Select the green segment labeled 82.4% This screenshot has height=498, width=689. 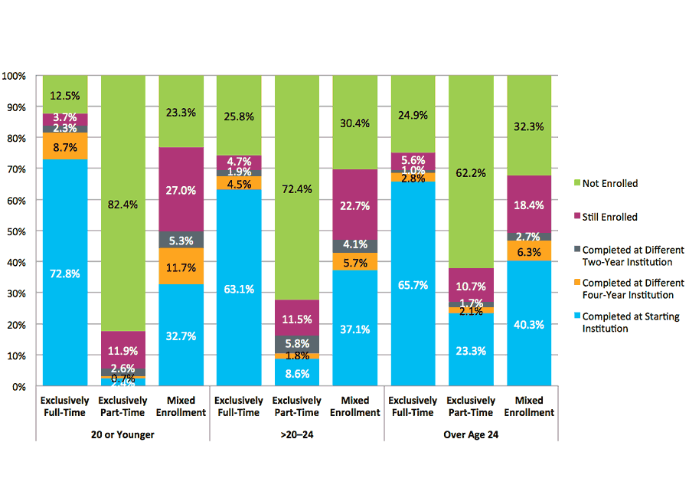(123, 204)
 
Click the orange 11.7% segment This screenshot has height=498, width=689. (181, 267)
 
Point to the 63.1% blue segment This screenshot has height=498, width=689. (239, 289)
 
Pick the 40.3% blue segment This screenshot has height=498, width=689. (529, 324)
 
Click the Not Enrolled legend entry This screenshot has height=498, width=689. (609, 184)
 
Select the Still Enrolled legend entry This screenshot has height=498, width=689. (609, 217)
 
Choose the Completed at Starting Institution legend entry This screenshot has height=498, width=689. (630, 323)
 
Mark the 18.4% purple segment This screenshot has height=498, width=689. (529, 204)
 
